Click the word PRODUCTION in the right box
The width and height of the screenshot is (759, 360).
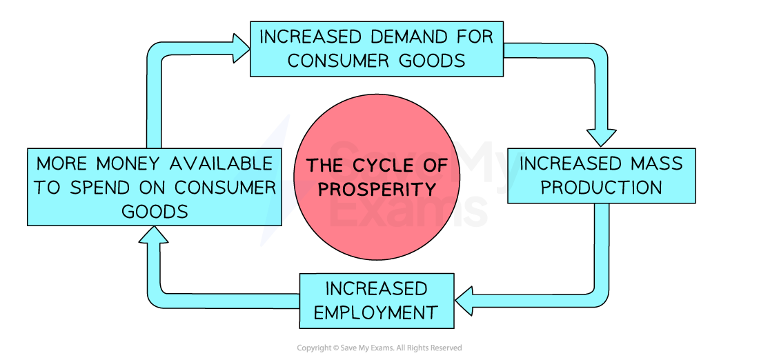click(602, 188)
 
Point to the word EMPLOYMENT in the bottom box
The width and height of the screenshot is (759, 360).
click(376, 312)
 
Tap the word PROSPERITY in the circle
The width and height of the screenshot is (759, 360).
click(377, 189)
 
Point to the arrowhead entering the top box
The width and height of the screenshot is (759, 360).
click(241, 48)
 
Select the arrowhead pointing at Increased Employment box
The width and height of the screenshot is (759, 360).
click(465, 301)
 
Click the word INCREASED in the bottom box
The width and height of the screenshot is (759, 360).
click(377, 288)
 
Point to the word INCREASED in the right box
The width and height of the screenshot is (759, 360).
click(571, 163)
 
